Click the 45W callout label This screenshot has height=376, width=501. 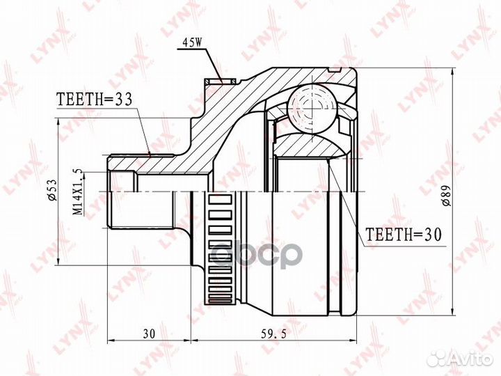192,43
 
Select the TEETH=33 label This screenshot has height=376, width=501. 94,100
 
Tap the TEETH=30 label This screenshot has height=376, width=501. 403,235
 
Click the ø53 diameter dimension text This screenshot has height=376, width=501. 52,190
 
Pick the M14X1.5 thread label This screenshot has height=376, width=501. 78,192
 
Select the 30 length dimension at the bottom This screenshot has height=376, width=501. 149,334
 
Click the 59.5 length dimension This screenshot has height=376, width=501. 274,334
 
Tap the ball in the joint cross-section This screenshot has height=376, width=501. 312,109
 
